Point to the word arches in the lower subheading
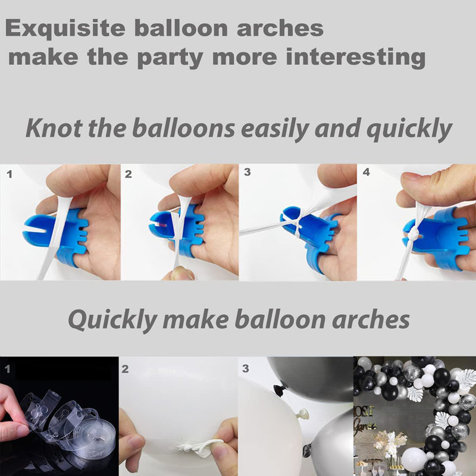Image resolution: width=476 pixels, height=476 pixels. point(367,320)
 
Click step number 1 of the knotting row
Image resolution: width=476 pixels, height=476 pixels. point(8,174)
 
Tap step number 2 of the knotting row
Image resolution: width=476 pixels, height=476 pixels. point(129,174)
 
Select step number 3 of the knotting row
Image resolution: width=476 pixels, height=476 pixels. point(248,172)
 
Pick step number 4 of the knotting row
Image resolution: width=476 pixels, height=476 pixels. point(367,172)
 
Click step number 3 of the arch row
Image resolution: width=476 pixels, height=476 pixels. point(245,369)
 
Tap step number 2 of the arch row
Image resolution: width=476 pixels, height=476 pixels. point(125,369)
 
